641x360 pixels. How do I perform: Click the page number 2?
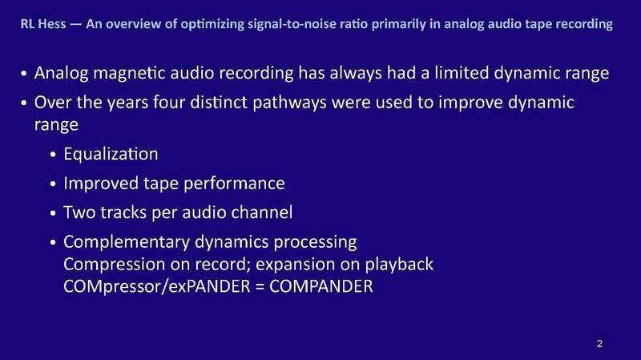[x=599, y=344]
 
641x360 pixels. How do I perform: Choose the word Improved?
[x=103, y=184]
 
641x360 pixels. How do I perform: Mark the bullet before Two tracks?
[x=54, y=214]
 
